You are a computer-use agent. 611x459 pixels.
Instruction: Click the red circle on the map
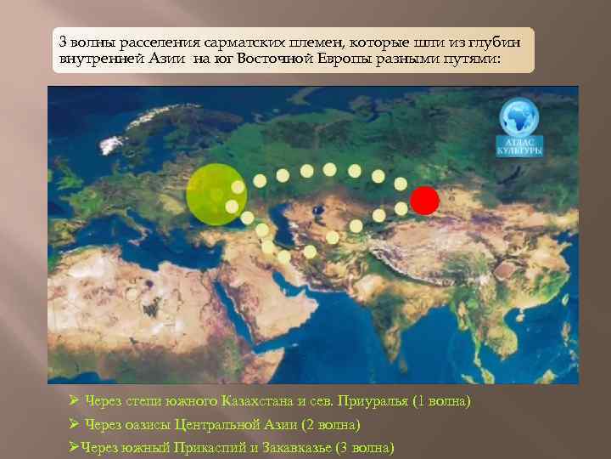click(425, 201)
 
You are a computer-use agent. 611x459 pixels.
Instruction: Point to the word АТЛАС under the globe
click(519, 142)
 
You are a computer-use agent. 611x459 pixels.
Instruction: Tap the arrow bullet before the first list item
click(75, 399)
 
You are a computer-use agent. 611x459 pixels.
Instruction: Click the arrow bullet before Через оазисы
click(75, 423)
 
